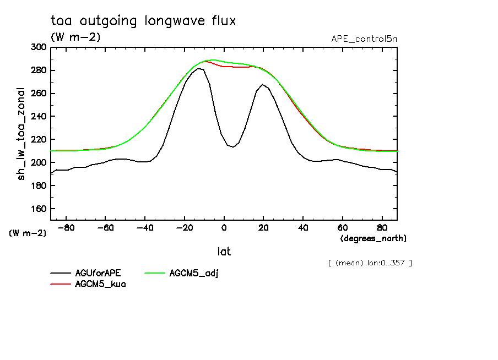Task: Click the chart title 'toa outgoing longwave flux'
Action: [x=143, y=21]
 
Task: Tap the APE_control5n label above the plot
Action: [x=364, y=39]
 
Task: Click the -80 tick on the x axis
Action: [x=66, y=227]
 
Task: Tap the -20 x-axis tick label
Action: [x=184, y=227]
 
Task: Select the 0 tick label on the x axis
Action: [x=224, y=227]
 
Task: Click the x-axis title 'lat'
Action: [x=224, y=252]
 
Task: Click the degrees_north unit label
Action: [x=373, y=238]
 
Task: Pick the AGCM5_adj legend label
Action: [x=194, y=274]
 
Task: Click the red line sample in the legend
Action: [x=61, y=284]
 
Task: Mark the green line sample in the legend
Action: [x=155, y=274]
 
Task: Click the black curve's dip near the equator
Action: [x=233, y=147]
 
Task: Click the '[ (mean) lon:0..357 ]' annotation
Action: [x=369, y=263]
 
